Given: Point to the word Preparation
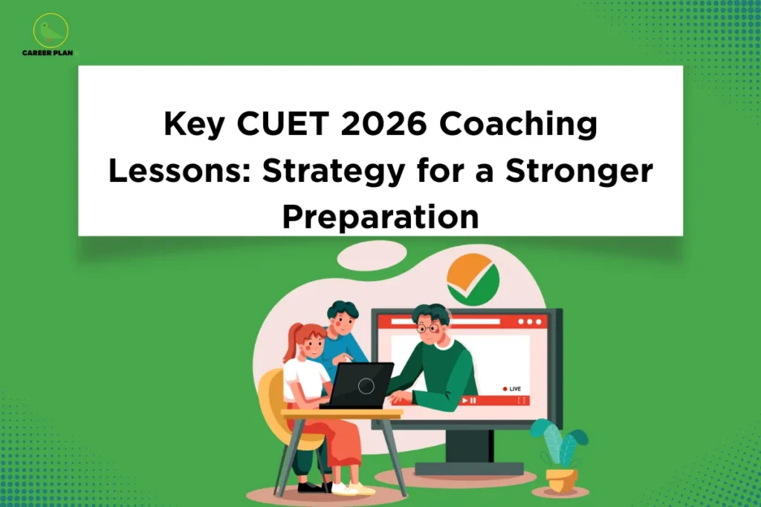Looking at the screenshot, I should point(380,216).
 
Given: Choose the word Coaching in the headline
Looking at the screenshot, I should point(518,125).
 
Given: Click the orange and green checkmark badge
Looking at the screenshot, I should point(473,279).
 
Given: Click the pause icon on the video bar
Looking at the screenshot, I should point(474,400).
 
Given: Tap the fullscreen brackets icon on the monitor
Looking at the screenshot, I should point(521,400).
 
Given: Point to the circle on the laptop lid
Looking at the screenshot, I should point(365,385).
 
